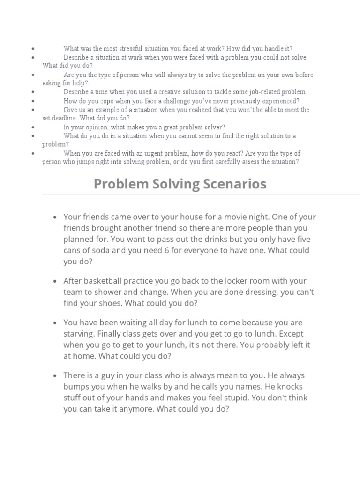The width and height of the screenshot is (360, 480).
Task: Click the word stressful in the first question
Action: click(x=130, y=48)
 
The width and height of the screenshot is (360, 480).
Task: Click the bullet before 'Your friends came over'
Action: click(x=55, y=217)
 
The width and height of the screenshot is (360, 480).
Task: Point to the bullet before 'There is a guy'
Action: click(x=55, y=376)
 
